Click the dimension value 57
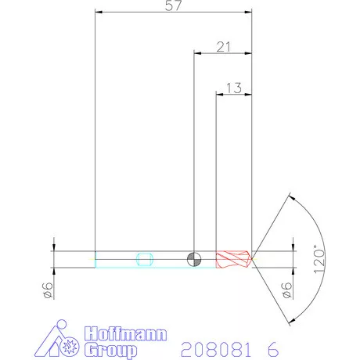coord(174,7)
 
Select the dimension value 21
coord(223,48)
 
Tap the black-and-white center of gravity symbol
coord(193,258)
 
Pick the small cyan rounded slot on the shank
coord(143,258)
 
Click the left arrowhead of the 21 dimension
coord(197,54)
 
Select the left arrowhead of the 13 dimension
coord(219,94)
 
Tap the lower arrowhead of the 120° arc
coord(290,321)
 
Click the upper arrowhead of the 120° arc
coord(290,196)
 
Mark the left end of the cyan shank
coord(95,258)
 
